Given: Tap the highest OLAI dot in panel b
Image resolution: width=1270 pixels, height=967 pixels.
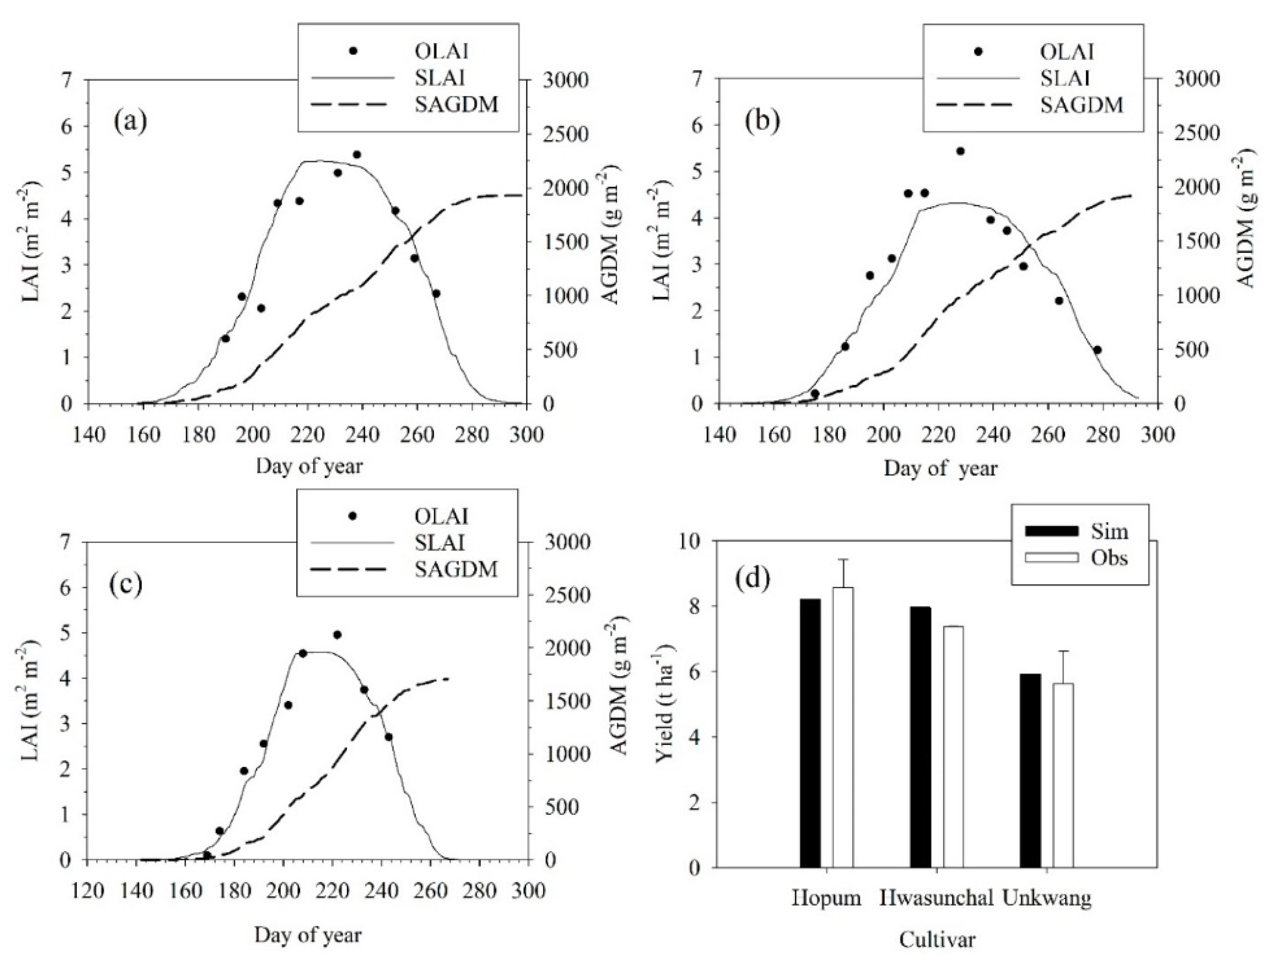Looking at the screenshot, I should coord(960,151).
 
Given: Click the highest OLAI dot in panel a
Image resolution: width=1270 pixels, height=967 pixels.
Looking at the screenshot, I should coord(357,154).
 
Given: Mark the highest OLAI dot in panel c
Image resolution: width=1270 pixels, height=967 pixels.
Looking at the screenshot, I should coord(337,635).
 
